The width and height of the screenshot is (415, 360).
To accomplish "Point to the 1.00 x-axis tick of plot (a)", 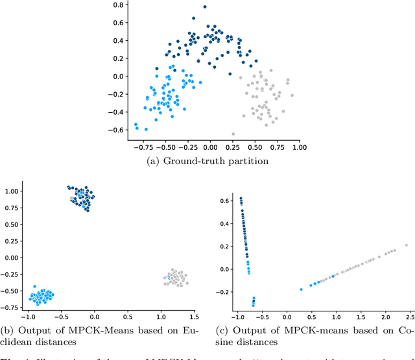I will [x=299, y=147].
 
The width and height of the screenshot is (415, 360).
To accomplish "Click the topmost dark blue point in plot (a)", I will [x=204, y=6].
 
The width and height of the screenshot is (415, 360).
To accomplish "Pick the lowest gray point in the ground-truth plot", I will [x=233, y=134].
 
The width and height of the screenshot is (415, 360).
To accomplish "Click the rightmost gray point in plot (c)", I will [x=406, y=245].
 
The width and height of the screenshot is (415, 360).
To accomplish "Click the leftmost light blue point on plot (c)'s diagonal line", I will [x=301, y=289].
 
